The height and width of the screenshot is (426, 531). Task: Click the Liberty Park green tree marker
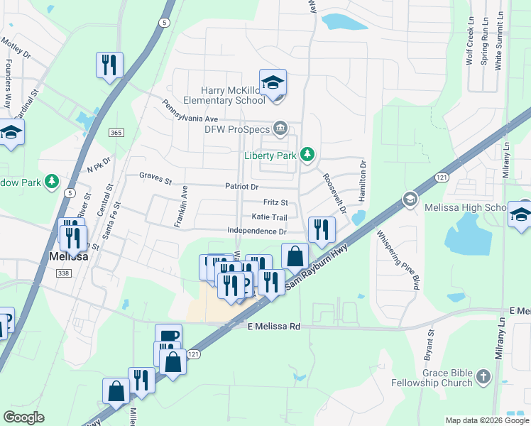307,153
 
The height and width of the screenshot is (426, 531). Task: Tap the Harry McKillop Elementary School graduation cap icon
273,83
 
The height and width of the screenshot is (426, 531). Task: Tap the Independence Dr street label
257,231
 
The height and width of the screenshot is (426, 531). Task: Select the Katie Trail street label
269,217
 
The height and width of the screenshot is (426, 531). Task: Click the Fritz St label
275,202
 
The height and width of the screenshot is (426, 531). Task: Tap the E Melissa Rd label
274,326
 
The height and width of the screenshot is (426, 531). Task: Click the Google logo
24,417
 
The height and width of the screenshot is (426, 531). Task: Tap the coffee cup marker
168,337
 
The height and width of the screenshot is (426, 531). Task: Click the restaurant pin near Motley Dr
109,65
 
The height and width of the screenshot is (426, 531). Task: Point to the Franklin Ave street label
182,207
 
